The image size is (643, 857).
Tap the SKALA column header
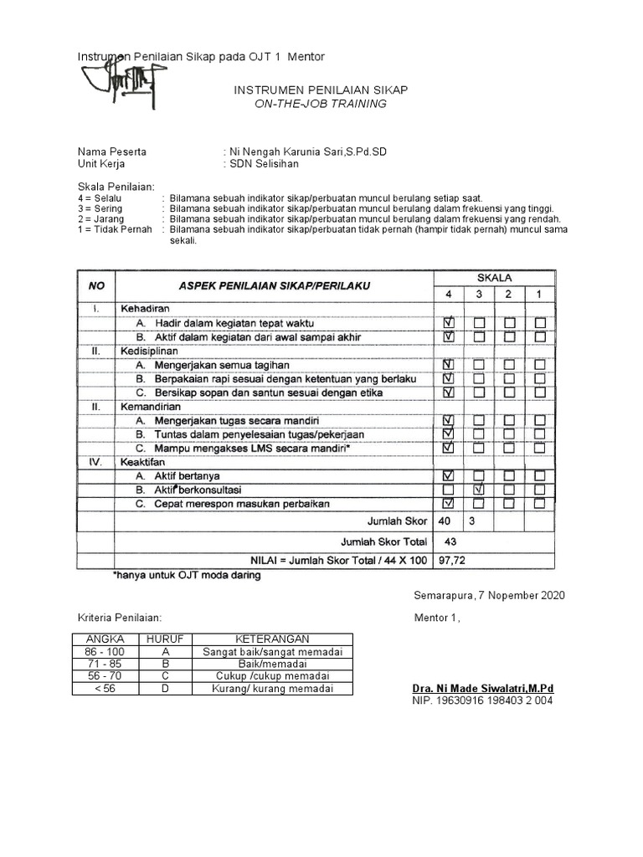[x=494, y=277]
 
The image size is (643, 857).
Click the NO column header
[x=96, y=285]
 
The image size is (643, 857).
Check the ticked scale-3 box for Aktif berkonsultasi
[x=479, y=489]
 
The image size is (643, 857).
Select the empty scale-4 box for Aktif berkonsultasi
[x=449, y=489]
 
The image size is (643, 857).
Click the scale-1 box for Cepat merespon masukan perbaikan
[x=540, y=503]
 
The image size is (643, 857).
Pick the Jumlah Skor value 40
[x=445, y=521]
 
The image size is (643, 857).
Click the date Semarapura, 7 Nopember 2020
[x=489, y=595]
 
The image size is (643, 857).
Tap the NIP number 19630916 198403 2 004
[x=482, y=700]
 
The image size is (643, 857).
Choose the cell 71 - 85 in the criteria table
[x=104, y=664]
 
